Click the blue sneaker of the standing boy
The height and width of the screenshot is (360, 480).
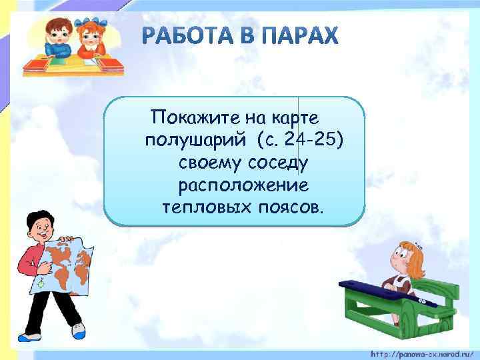coord(78,330)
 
